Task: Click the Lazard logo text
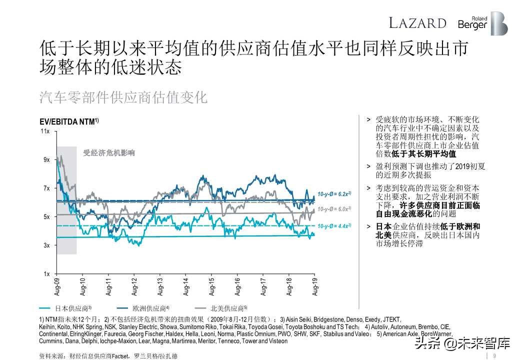(x=417, y=23)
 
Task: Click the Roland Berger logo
(x=482, y=23)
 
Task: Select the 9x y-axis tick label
(x=46, y=160)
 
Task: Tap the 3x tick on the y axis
(x=46, y=245)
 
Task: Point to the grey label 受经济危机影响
(x=109, y=153)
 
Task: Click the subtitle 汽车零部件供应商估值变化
(x=123, y=97)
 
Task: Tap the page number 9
(x=494, y=355)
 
